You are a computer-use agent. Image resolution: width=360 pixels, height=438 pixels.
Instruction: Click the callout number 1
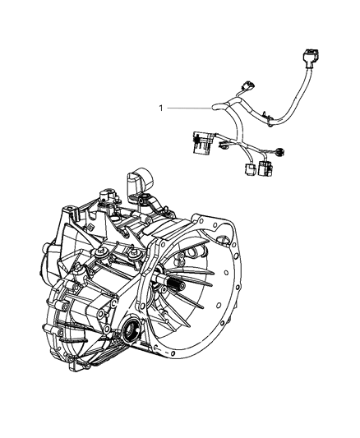point(162,107)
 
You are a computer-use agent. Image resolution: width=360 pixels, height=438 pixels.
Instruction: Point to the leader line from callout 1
point(189,107)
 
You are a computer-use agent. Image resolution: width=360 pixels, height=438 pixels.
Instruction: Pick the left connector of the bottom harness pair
point(247,172)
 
